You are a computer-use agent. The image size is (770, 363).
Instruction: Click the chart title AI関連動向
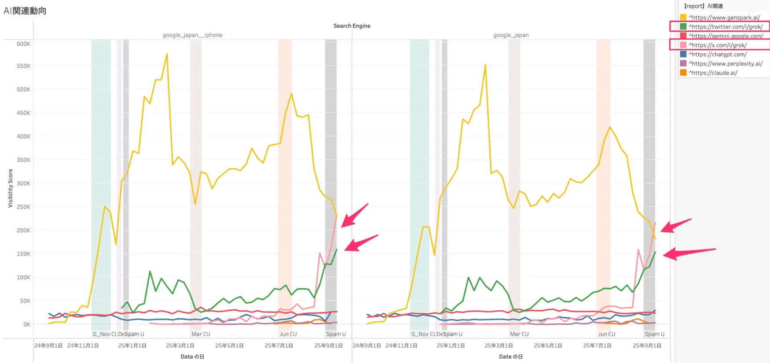25,11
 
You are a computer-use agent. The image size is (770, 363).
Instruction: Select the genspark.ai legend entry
724,18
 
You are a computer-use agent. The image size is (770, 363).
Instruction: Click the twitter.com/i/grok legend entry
725,27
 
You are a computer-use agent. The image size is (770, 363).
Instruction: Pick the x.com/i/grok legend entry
717,45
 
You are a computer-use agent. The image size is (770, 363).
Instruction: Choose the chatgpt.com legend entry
717,55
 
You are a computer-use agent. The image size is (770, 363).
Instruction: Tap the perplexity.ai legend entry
725,64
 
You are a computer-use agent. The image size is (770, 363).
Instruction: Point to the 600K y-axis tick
23,44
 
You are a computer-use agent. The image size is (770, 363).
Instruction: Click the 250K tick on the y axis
23,207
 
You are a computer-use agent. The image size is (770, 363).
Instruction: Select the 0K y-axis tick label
26,324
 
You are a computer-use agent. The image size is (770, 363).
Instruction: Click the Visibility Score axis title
10,188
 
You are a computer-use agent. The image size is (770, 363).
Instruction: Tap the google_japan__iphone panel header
192,35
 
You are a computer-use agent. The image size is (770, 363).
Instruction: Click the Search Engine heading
352,26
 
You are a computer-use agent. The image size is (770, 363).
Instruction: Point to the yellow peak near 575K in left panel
167,54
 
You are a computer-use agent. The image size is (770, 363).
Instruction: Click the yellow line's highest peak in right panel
485,65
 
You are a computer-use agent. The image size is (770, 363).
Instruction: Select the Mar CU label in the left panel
201,334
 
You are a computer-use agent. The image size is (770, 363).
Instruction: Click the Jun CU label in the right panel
606,334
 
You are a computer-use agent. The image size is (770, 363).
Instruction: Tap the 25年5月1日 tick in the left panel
229,346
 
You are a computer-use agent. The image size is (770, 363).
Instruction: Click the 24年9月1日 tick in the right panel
367,346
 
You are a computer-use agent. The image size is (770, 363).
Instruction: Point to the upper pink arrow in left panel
354,216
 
